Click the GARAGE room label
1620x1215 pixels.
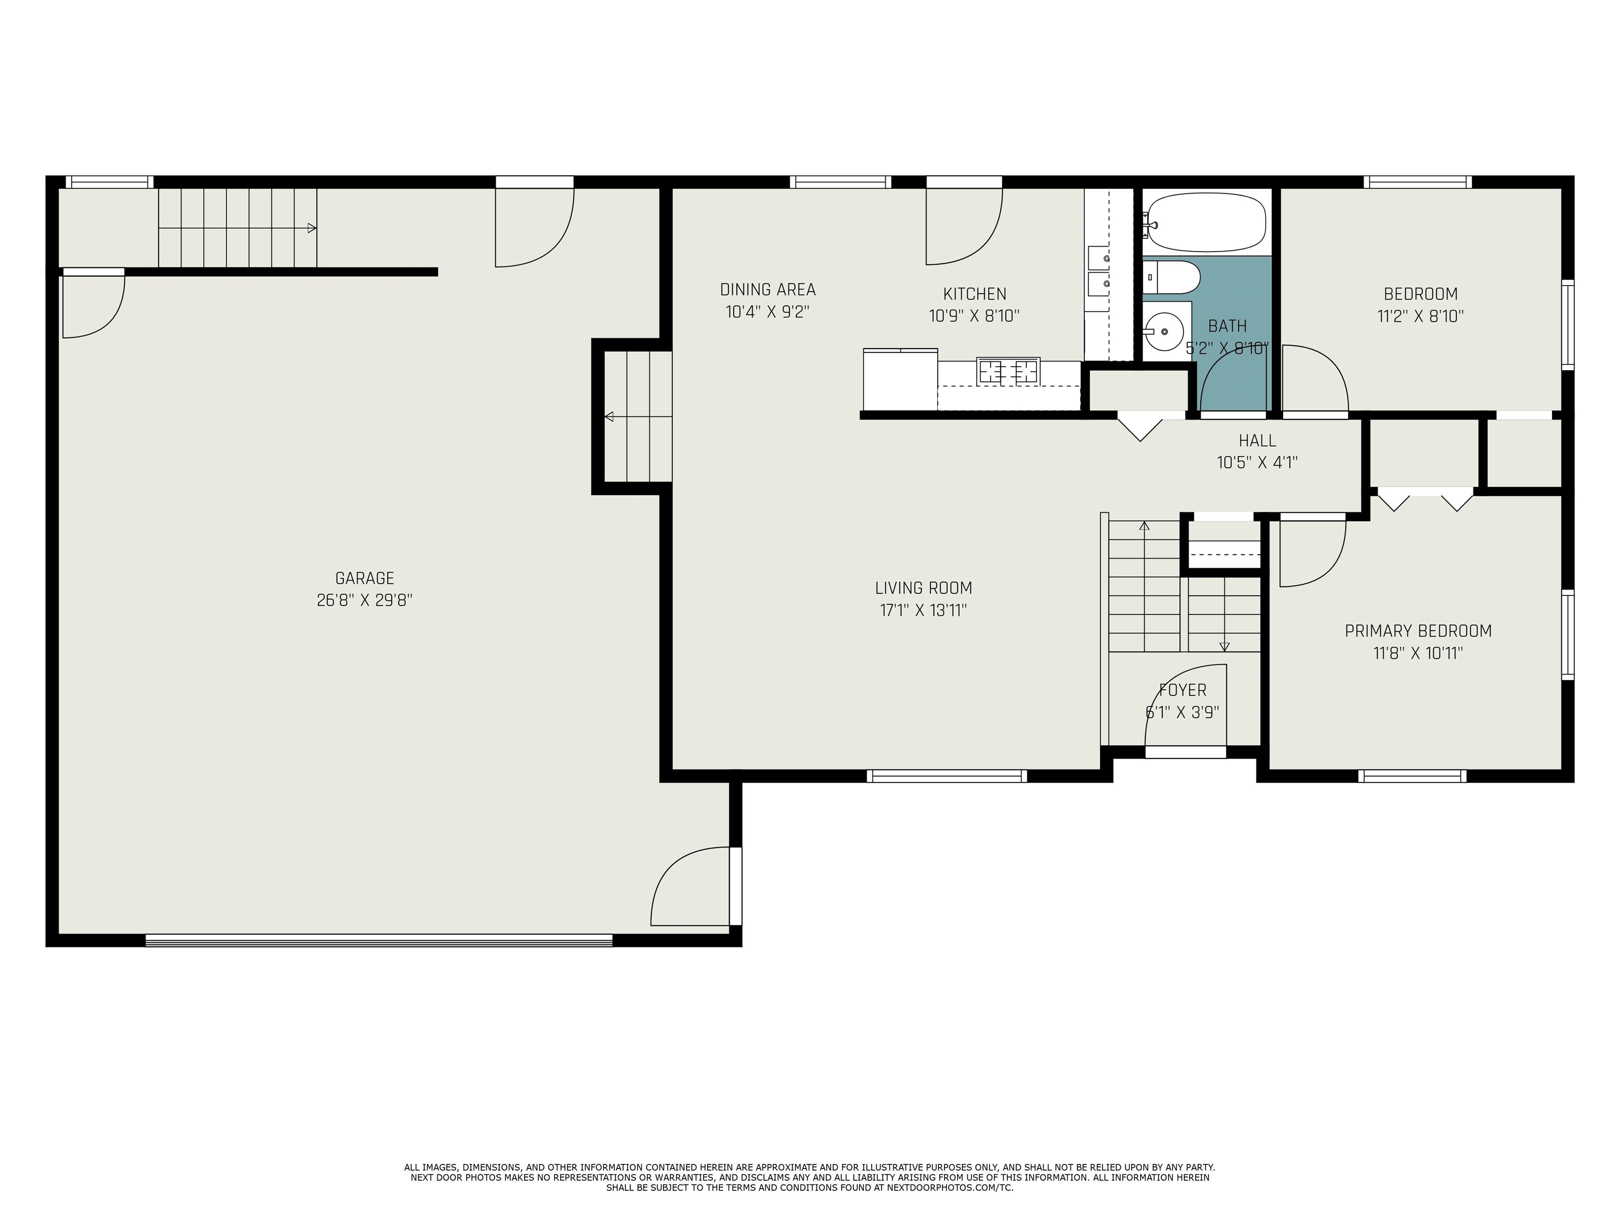coord(365,578)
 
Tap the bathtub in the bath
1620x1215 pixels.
coord(1206,223)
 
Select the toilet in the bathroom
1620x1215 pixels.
coord(1172,277)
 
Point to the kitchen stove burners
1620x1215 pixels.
coord(1008,371)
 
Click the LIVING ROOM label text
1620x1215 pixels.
coord(923,587)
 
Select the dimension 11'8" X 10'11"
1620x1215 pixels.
coord(1418,652)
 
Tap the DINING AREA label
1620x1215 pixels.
coord(767,290)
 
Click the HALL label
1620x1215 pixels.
coord(1258,440)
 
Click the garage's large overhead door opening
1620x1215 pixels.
coord(379,940)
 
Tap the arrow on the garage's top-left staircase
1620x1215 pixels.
coord(237,228)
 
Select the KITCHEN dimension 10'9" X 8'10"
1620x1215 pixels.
coord(974,316)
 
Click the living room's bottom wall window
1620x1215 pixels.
coord(947,776)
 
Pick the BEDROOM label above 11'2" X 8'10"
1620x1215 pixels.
coord(1420,294)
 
